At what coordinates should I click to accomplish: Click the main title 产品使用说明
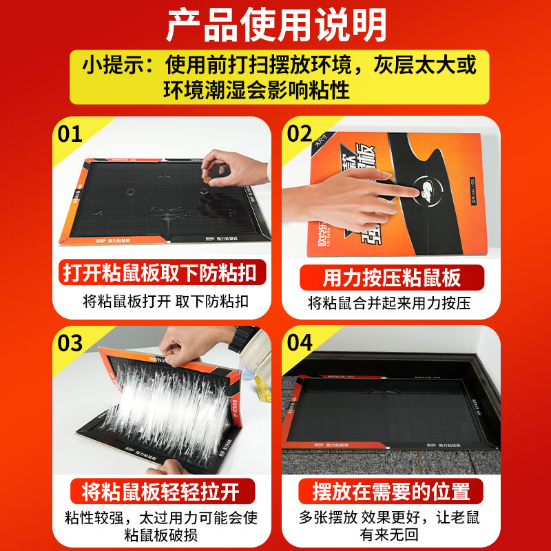click(x=275, y=26)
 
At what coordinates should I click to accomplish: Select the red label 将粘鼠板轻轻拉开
click(x=160, y=491)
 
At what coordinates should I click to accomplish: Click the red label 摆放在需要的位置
click(x=391, y=491)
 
